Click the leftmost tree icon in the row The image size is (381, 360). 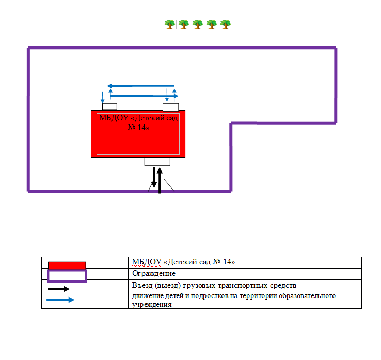point(169,24)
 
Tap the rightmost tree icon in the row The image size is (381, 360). point(225,24)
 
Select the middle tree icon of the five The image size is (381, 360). point(197,24)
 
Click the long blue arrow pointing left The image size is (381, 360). point(140,86)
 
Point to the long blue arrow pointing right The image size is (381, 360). point(145,96)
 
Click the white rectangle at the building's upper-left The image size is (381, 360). point(110,107)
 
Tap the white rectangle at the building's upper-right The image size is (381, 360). point(170,107)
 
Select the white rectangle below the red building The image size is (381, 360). point(157,162)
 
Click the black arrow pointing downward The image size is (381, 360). point(154,178)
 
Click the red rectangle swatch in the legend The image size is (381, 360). point(67,265)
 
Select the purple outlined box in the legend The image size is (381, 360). point(67,276)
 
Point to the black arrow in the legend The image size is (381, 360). point(59,289)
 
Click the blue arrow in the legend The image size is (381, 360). point(60,300)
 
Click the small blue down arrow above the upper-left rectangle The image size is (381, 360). point(103,97)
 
